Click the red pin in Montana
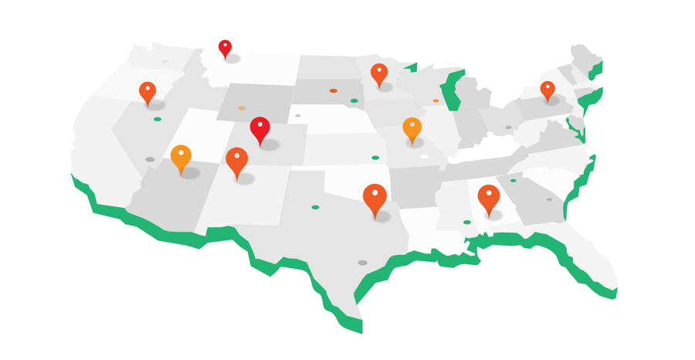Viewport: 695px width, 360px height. (x=225, y=48)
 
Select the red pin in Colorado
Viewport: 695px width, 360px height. (x=260, y=128)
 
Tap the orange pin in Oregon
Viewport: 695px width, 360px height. (x=147, y=92)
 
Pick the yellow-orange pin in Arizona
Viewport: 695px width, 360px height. (x=181, y=157)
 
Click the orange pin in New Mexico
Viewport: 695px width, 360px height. (x=237, y=161)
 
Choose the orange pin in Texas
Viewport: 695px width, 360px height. (x=375, y=198)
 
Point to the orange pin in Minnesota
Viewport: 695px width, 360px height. (x=378, y=73)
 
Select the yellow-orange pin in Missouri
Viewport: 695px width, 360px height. (x=412, y=128)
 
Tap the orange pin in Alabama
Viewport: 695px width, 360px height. (x=488, y=197)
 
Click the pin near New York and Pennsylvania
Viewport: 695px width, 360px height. (x=548, y=90)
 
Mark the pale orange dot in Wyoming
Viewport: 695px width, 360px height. (x=242, y=108)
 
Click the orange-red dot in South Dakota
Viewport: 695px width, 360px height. (x=334, y=90)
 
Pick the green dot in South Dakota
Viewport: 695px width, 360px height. (x=354, y=100)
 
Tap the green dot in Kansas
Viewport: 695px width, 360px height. (x=375, y=158)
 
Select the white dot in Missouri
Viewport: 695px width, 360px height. (x=425, y=157)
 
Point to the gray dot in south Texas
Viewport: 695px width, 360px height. (x=362, y=263)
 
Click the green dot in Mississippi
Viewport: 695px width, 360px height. (x=467, y=222)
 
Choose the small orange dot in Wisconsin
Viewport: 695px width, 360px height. (x=436, y=100)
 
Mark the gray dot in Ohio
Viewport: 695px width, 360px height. (x=508, y=127)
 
